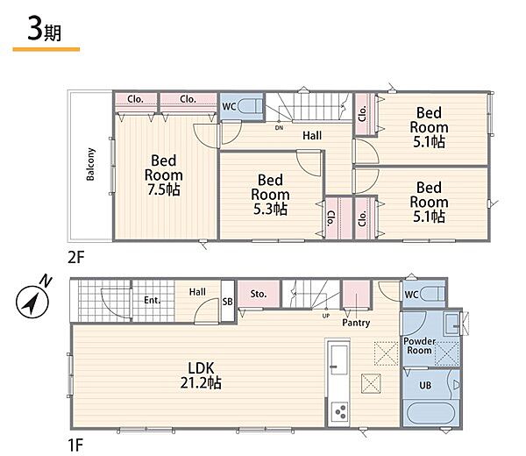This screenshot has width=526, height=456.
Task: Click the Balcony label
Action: [x=90, y=164]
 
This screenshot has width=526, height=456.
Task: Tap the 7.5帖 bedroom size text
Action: [x=164, y=190]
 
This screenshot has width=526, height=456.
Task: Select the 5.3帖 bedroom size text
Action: [x=270, y=210]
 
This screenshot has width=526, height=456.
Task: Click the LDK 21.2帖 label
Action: [x=201, y=375]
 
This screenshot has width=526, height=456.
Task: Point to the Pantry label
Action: [x=356, y=323]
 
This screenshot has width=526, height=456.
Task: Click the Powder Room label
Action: [x=419, y=346]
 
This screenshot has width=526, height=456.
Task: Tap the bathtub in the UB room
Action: [x=430, y=413]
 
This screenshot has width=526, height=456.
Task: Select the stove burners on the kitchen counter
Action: [x=339, y=412]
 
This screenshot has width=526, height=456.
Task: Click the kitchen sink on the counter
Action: [x=338, y=359]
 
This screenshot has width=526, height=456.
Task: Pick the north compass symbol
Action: [x=33, y=300]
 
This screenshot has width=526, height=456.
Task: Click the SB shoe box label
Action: [x=227, y=302]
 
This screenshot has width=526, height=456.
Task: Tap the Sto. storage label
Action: [x=259, y=294]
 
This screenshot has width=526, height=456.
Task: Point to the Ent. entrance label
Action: [x=153, y=300]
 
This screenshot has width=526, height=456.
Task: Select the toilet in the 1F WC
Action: [x=432, y=295]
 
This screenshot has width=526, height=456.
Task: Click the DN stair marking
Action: [x=279, y=128]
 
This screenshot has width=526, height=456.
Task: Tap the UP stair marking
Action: [x=326, y=316]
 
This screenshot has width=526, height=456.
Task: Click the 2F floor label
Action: [x=76, y=258]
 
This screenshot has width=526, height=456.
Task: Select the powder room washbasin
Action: [x=451, y=323]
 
